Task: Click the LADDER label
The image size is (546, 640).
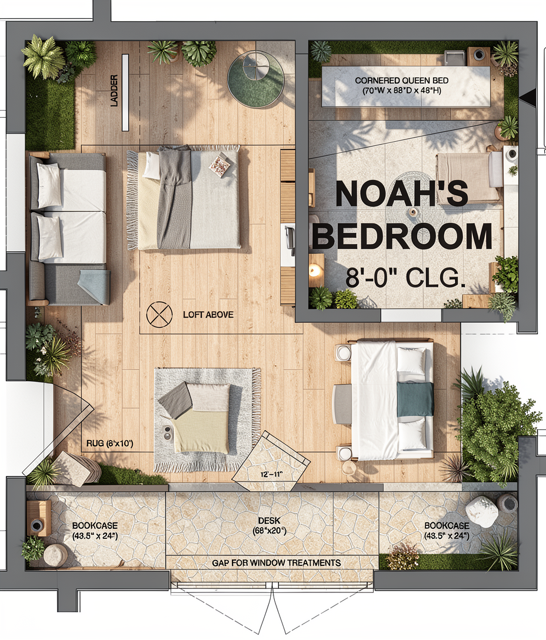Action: tap(114, 91)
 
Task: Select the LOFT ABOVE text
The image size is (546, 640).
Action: tap(208, 315)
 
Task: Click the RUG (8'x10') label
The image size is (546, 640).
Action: tap(110, 444)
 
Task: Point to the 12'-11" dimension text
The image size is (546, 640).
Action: tap(272, 474)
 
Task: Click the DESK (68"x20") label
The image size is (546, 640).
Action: tap(269, 526)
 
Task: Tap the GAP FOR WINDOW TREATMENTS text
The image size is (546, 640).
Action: tap(277, 564)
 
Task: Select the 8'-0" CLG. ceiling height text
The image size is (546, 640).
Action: tap(405, 278)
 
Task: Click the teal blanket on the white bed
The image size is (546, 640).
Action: tap(415, 399)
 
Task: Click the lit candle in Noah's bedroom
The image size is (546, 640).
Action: tap(315, 270)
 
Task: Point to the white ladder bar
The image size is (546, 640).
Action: tap(125, 93)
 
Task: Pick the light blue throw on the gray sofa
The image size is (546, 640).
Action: tap(95, 286)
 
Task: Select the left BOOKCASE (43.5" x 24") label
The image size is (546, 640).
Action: tap(95, 531)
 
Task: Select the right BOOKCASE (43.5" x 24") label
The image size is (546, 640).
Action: tap(447, 531)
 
